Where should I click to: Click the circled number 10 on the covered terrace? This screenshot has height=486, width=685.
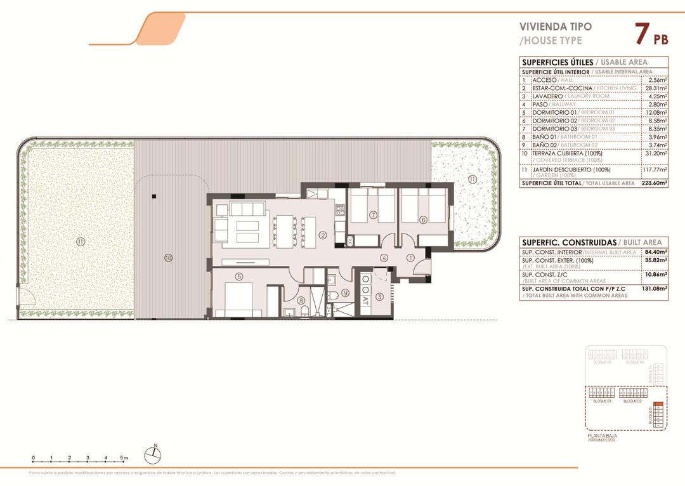tap(168, 258)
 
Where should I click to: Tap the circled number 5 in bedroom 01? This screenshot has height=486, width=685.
tap(238, 276)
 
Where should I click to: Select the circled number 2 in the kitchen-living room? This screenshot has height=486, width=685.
tap(323, 235)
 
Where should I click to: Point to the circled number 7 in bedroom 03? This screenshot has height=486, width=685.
tap(373, 216)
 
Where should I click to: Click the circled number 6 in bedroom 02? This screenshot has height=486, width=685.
tap(423, 220)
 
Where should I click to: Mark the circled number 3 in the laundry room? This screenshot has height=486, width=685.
tap(379, 296)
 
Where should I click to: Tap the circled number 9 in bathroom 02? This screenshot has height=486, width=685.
tap(345, 292)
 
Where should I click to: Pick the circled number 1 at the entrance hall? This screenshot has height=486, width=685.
tap(410, 258)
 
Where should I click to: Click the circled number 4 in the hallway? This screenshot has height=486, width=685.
tap(384, 258)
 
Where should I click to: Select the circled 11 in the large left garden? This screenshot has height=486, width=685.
tap(80, 241)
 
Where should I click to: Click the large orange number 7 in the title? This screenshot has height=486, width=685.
tap(641, 34)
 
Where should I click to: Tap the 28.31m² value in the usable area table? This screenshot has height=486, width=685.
tap(655, 88)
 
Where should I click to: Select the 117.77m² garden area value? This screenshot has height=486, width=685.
tap(653, 171)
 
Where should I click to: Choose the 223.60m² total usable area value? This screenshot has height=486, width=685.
tap(653, 183)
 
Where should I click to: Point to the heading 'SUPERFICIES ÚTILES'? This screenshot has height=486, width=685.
tap(557, 62)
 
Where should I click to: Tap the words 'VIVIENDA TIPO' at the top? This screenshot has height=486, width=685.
tap(556, 27)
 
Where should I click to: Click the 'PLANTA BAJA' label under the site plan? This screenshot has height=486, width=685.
tap(603, 437)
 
